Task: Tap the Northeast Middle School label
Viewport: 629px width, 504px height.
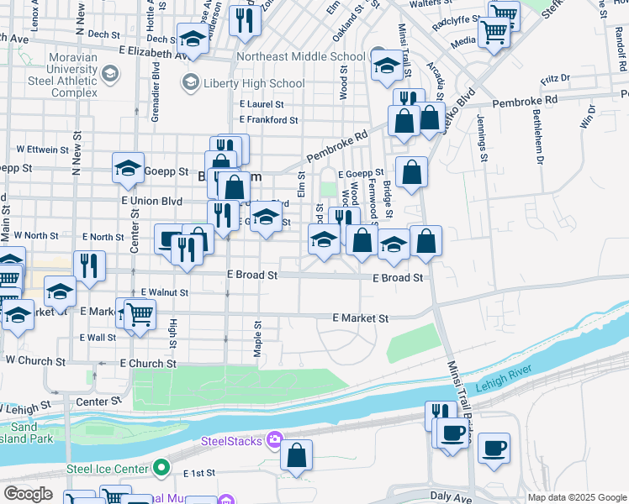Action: (x=300, y=57)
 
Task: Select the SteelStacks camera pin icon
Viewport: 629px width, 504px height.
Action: (x=274, y=440)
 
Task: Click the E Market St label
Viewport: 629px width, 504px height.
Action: (x=361, y=318)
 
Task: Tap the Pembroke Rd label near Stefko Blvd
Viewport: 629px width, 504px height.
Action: (x=525, y=100)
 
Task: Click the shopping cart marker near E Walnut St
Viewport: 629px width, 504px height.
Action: (x=140, y=314)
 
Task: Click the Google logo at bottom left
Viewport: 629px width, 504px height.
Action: (x=28, y=493)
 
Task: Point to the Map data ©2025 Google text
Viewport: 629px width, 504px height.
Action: (x=576, y=497)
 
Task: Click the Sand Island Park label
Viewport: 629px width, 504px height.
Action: (x=32, y=433)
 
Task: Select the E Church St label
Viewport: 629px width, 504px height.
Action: (x=148, y=364)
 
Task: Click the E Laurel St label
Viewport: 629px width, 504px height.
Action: (x=262, y=104)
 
